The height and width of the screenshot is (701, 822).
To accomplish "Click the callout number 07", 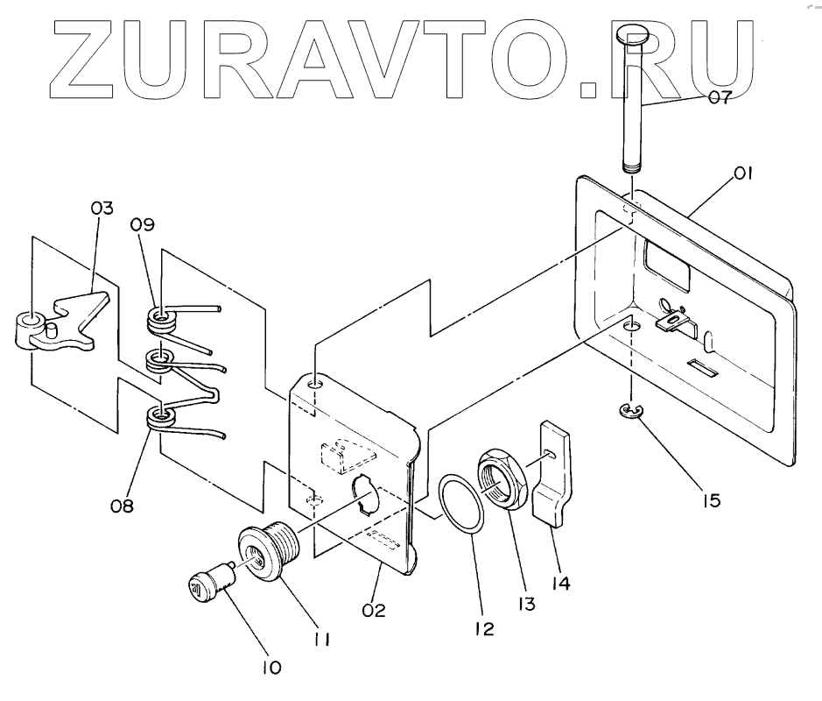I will click(720, 98).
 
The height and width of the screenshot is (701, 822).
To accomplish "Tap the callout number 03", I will click(102, 209).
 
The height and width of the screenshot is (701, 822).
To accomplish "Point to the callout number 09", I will click(143, 224).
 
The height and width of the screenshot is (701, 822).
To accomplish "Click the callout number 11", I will click(321, 641).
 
